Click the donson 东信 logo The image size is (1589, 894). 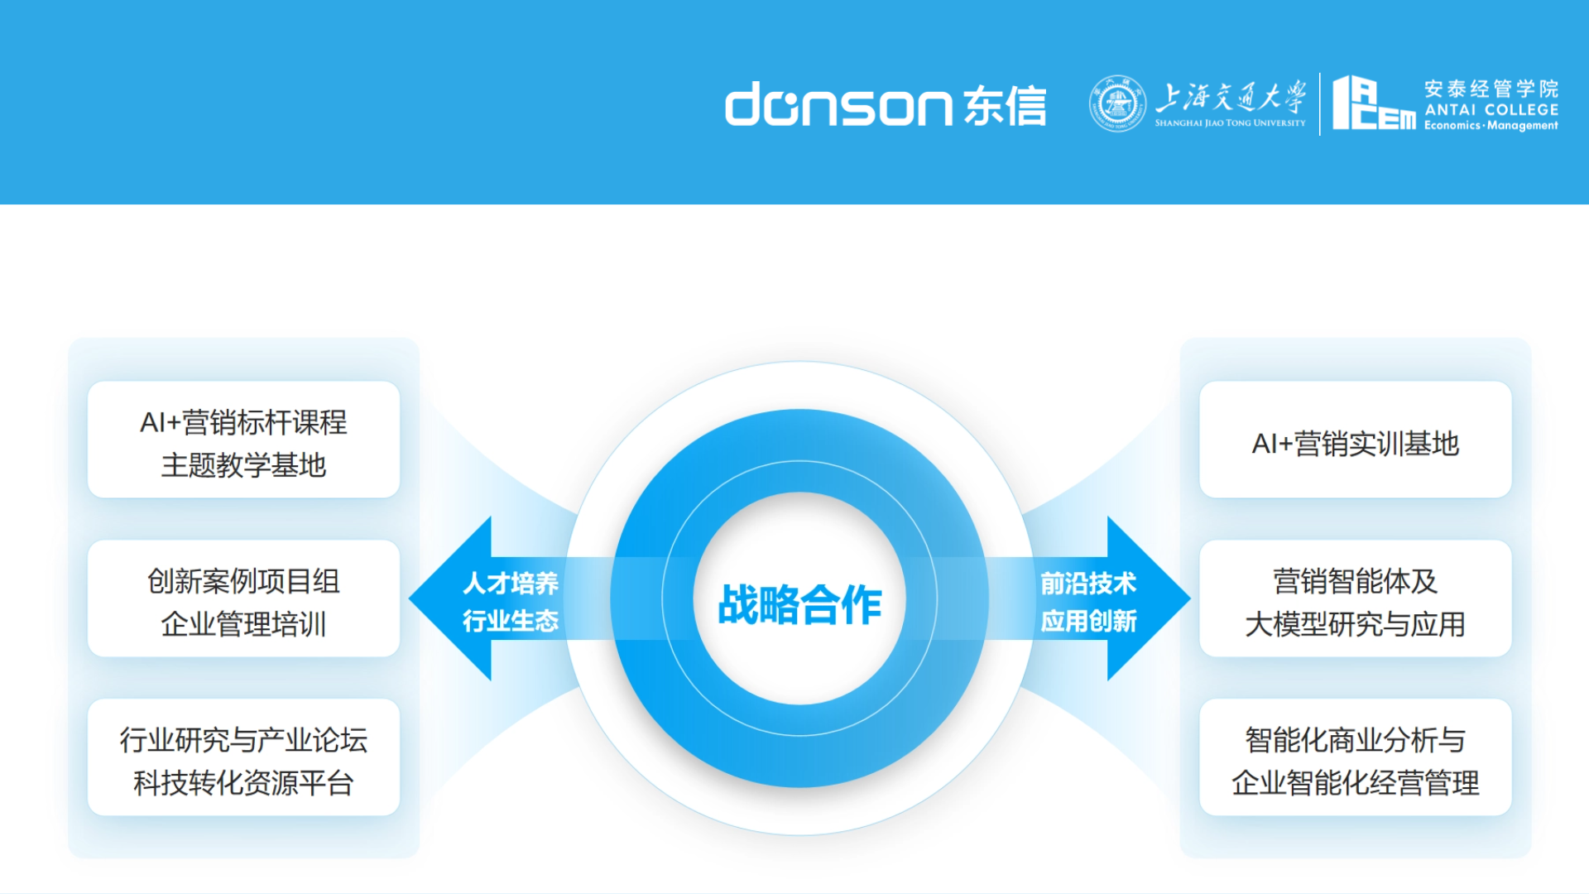[x=886, y=104]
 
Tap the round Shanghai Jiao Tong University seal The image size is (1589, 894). [x=1117, y=103]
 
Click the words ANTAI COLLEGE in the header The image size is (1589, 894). [x=1491, y=109]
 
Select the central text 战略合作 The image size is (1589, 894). [x=799, y=603]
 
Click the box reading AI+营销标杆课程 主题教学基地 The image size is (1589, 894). [x=243, y=440]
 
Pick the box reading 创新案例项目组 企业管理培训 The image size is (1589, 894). [x=243, y=598]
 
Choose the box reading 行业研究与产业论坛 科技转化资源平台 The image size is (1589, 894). [x=243, y=757]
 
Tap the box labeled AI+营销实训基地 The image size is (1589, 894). [x=1356, y=440]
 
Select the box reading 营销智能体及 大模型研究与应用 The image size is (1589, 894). [x=1356, y=598]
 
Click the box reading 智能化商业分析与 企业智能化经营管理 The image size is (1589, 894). [x=1356, y=757]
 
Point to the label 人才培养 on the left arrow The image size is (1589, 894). [x=511, y=583]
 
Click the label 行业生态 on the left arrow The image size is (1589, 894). [x=511, y=621]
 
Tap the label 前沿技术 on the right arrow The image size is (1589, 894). [x=1088, y=583]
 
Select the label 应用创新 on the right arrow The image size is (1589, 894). [x=1088, y=621]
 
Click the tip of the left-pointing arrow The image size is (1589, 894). [x=410, y=598]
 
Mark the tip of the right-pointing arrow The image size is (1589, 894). [x=1190, y=598]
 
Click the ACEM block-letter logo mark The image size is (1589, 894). [x=1374, y=103]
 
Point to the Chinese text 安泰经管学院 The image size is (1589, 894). [x=1491, y=89]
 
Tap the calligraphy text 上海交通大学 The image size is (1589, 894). [x=1231, y=97]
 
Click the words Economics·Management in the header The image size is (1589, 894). [x=1491, y=126]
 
